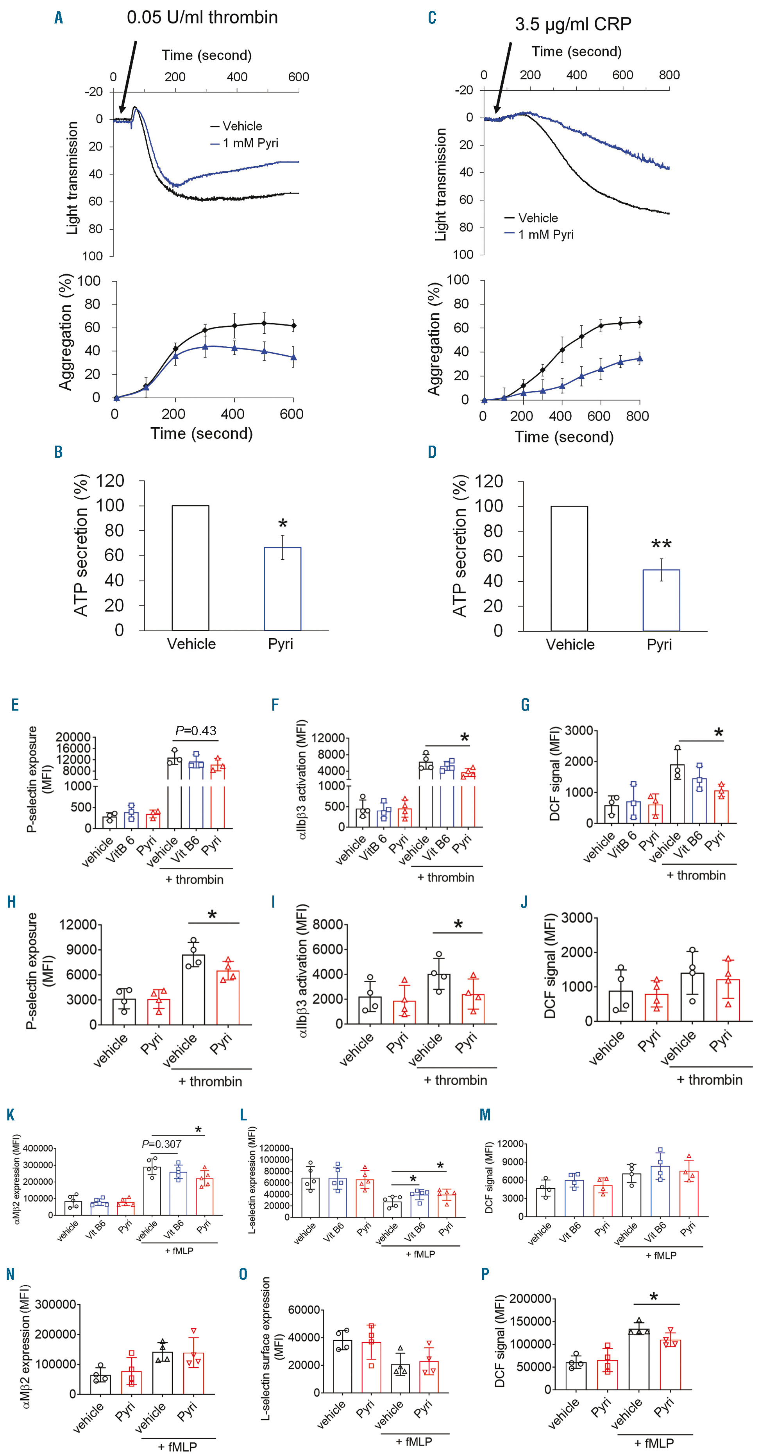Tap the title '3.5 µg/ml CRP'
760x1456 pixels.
572,24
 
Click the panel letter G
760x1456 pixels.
525,705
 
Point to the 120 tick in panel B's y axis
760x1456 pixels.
110,481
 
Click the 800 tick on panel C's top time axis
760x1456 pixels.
669,75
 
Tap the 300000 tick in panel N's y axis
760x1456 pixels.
55,1304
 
